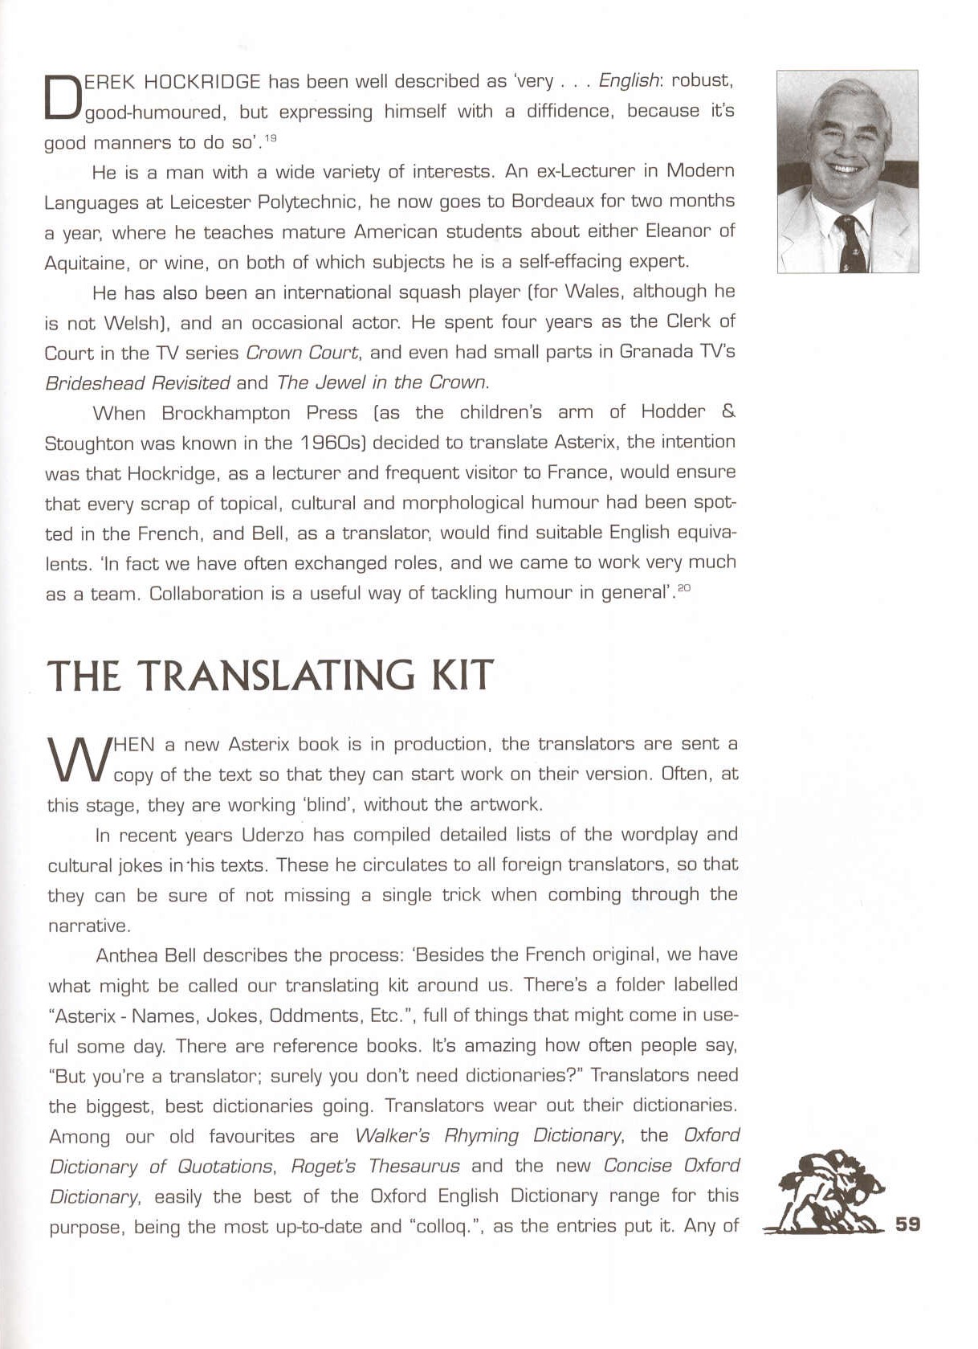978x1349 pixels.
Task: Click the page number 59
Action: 907,1224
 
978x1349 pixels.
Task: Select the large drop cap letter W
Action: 78,760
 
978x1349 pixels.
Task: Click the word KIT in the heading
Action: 462,675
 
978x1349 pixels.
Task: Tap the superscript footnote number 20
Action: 683,588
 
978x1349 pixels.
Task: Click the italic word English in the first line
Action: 629,80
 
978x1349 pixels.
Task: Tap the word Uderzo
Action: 273,835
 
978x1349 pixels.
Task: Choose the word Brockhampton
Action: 226,413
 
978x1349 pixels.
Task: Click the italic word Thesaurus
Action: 414,1166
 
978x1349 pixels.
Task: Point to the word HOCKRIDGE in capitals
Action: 202,81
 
